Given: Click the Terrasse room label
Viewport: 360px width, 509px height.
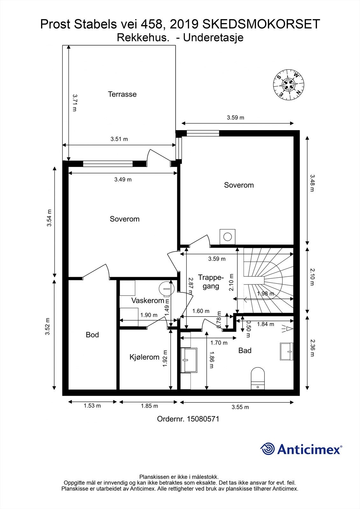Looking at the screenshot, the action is coord(122,94).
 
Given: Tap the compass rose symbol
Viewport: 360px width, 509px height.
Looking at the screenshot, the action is coord(289,85).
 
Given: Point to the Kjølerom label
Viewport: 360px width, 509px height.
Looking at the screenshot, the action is coord(145,357).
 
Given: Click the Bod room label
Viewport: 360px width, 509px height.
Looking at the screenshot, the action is coord(92,335).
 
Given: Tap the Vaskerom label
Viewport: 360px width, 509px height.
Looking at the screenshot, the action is coord(148,301).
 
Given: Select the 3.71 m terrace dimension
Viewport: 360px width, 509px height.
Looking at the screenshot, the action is coord(74,103).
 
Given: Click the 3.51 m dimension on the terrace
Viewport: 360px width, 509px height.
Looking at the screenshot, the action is coord(119,139).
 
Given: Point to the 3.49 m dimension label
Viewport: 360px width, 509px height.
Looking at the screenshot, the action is coord(123,179).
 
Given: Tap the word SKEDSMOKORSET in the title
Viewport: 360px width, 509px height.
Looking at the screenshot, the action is coord(261,24).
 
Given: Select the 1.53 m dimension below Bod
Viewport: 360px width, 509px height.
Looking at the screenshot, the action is coord(92,406).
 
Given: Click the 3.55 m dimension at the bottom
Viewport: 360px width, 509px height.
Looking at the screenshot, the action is coord(240,407).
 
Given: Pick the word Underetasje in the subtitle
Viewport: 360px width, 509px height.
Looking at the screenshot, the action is coord(213,38).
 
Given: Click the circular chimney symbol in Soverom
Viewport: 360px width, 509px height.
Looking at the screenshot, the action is coord(227,237).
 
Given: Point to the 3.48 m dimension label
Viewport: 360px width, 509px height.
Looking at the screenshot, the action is coord(312,183).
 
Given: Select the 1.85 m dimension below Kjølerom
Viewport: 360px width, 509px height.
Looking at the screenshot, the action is coord(149,406).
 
